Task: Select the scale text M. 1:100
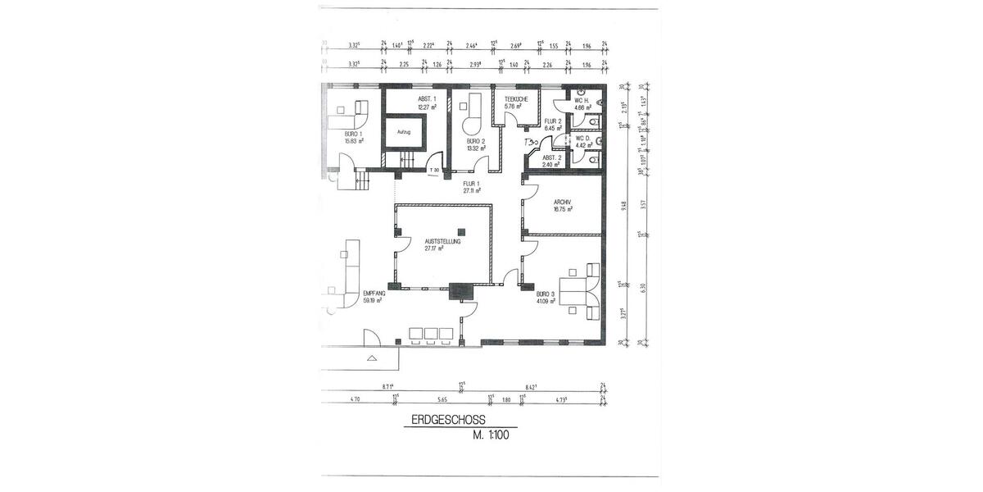tap(491, 435)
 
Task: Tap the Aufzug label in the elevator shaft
tap(403, 131)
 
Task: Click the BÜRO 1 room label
tap(354, 133)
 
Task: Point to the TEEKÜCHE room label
tap(516, 99)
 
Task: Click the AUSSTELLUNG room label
tap(442, 242)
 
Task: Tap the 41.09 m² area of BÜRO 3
tap(546, 301)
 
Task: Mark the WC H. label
tap(583, 100)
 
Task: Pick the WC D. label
tap(583, 139)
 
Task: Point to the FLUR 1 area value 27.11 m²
tap(470, 190)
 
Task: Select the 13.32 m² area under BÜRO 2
tap(475, 148)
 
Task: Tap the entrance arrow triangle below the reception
tap(372, 358)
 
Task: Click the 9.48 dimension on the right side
tap(625, 206)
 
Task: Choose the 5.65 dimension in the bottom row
tap(442, 399)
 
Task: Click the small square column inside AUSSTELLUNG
tap(461, 230)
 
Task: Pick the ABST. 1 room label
tap(425, 99)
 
